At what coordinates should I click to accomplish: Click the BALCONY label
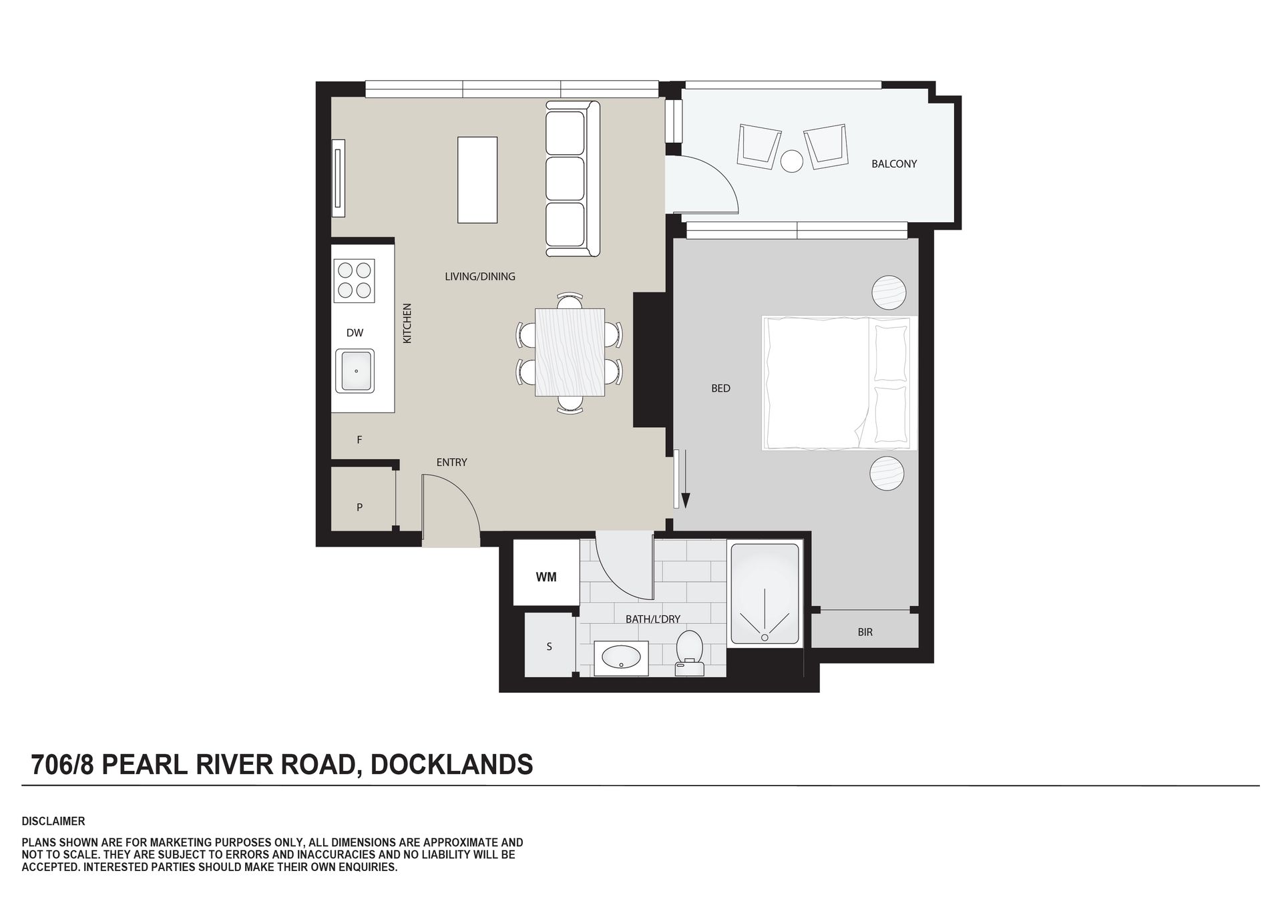pyautogui.click(x=894, y=164)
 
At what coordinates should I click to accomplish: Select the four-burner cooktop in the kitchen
pyautogui.click(x=355, y=280)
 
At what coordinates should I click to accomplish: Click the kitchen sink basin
pyautogui.click(x=355, y=371)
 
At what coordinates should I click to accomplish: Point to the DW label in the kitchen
pyautogui.click(x=355, y=333)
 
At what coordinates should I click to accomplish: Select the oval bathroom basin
pyautogui.click(x=621, y=659)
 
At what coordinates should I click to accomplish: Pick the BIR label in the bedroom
pyautogui.click(x=865, y=632)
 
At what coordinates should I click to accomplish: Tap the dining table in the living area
pyautogui.click(x=570, y=353)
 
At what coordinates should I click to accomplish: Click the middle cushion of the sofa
pyautogui.click(x=565, y=180)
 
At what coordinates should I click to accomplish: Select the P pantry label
pyautogui.click(x=359, y=507)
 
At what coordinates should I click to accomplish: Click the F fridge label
pyautogui.click(x=359, y=440)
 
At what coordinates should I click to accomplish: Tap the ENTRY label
pyautogui.click(x=451, y=462)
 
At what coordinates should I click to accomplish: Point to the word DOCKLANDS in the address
pyautogui.click(x=452, y=765)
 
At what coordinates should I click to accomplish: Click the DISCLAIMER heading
pyautogui.click(x=53, y=822)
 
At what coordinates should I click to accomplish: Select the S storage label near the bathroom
pyautogui.click(x=550, y=647)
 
